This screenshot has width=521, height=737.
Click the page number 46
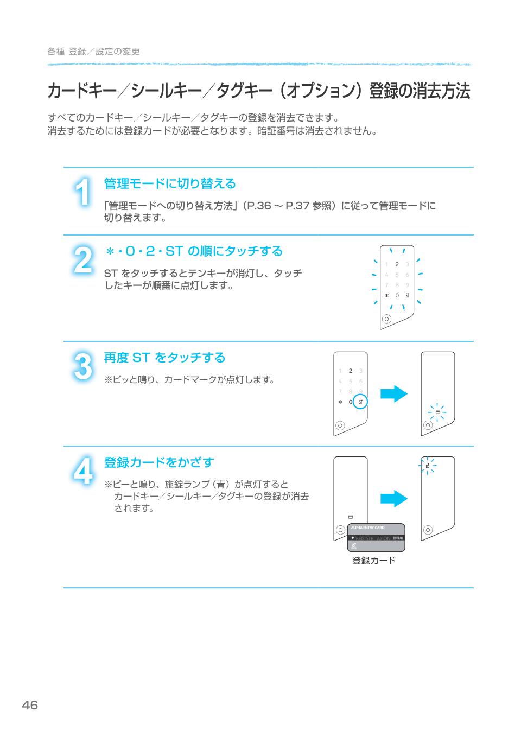point(30,706)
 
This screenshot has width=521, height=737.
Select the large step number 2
point(82,261)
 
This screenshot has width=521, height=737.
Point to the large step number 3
point(82,367)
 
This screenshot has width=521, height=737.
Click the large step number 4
point(82,472)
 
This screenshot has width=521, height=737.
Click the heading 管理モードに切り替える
point(170,184)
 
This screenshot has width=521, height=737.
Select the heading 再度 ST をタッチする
point(164,358)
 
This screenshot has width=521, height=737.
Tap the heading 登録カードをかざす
point(159,462)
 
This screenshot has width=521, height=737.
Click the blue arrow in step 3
point(393,393)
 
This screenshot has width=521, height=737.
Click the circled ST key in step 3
point(360,402)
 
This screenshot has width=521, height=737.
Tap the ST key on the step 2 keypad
point(407,296)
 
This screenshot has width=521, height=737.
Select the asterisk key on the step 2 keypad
point(386,296)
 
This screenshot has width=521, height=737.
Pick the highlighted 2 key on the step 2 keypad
point(397,264)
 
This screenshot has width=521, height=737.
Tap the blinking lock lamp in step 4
point(428,465)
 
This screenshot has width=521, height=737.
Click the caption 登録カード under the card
point(374,561)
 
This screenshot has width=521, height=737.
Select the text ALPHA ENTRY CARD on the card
point(368,528)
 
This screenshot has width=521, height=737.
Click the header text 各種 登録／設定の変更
point(93,52)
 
